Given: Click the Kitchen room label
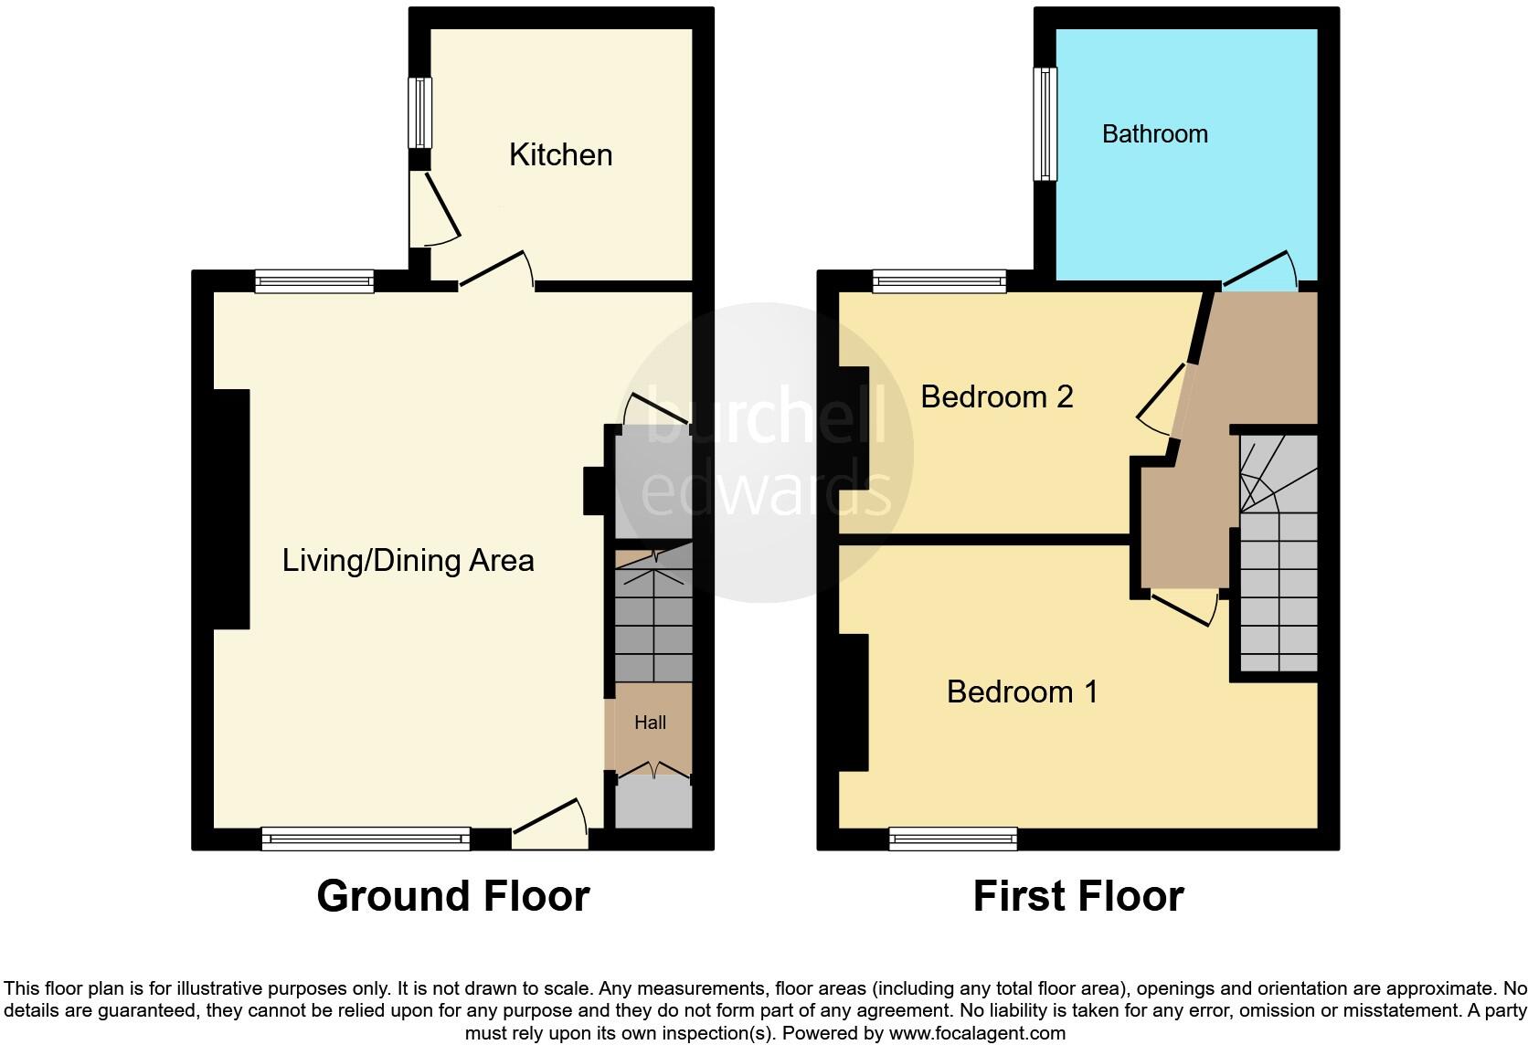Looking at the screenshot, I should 560,154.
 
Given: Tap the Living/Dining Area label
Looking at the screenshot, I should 408,560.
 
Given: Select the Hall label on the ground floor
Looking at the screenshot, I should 650,723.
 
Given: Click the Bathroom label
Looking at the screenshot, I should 1154,134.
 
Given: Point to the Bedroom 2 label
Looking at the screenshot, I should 996,396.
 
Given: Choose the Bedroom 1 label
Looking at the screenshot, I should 1022,691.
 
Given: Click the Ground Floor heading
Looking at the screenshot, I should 452,896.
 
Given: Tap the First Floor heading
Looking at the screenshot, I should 1077,896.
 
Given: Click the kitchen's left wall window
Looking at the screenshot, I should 419,112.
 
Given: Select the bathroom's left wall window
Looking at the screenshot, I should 1045,124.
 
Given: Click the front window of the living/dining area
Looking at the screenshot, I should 366,838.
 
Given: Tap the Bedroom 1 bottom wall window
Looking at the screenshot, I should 952,838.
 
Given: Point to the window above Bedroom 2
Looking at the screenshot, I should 939,280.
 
